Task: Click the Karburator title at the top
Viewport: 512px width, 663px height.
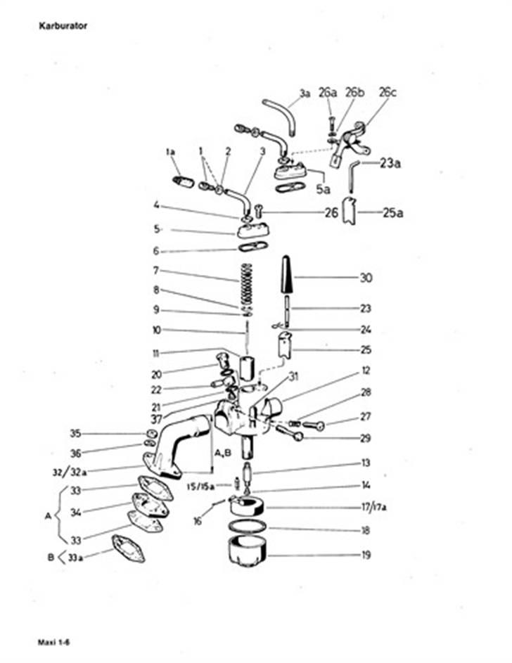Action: coord(63,26)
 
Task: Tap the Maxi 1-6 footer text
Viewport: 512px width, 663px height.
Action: coord(53,643)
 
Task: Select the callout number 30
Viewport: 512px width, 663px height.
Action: coord(366,278)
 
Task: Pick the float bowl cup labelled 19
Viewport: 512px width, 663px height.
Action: coord(248,552)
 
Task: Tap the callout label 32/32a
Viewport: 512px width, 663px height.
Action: coord(70,472)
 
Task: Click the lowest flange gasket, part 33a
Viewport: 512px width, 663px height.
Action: coord(128,548)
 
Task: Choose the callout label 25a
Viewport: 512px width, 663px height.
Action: coord(392,213)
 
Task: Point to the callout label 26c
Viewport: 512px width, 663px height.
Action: coord(388,92)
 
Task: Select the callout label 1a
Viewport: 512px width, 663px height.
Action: coord(170,151)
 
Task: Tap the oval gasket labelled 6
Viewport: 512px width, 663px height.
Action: coord(252,246)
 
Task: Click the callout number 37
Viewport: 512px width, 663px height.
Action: coord(156,419)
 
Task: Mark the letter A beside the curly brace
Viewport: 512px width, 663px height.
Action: coord(48,516)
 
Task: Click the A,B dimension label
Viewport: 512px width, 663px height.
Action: coord(223,453)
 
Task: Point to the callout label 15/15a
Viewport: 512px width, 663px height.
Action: coord(200,487)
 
